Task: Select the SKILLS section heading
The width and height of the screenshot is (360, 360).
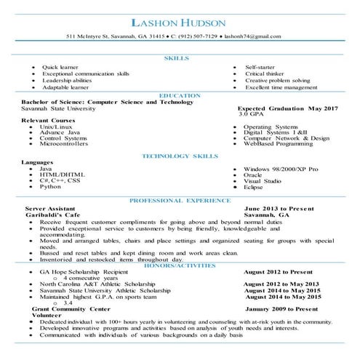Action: tap(177, 57)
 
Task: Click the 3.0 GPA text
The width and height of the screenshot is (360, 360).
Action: tap(251, 114)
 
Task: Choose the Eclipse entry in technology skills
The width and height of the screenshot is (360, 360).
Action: tap(255, 187)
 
